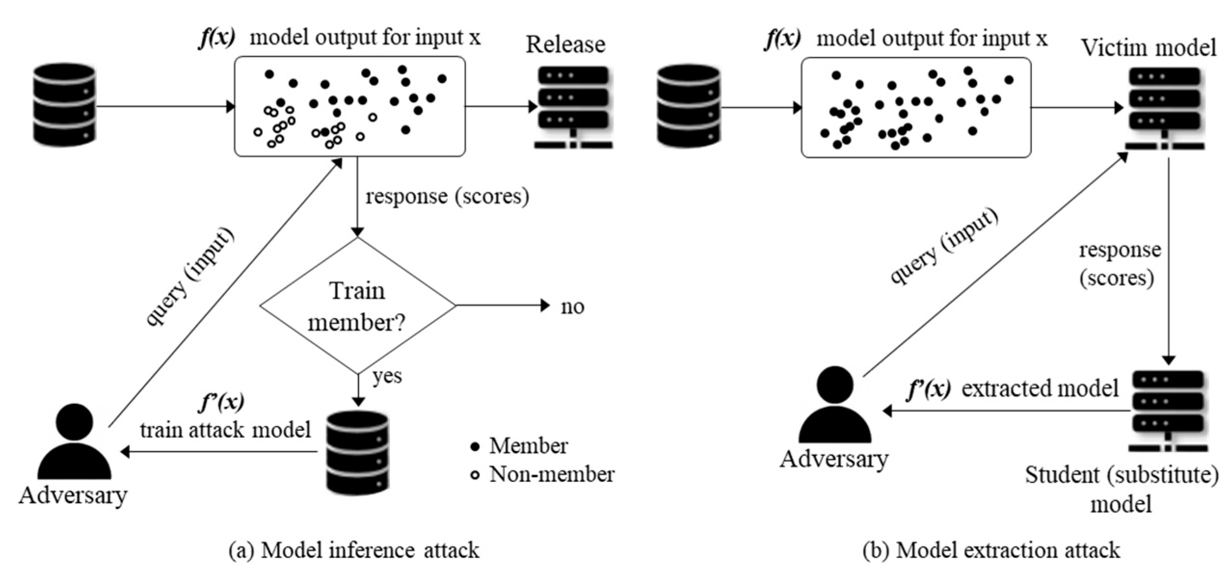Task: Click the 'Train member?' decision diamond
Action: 357,306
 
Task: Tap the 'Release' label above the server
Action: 565,45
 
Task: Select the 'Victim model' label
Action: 1148,48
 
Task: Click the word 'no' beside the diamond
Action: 573,307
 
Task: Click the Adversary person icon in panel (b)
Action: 835,404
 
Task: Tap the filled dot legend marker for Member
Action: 475,447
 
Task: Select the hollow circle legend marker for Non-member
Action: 475,475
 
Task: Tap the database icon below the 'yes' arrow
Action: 357,453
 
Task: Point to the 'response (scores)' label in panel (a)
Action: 447,196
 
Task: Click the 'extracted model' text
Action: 1040,389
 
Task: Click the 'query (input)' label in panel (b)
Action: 944,247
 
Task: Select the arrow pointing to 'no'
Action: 501,305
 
